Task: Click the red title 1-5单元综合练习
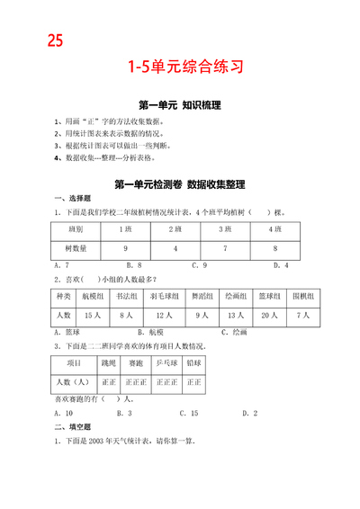coord(180,67)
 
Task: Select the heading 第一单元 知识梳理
coord(180,104)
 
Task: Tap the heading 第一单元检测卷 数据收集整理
coord(180,184)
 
